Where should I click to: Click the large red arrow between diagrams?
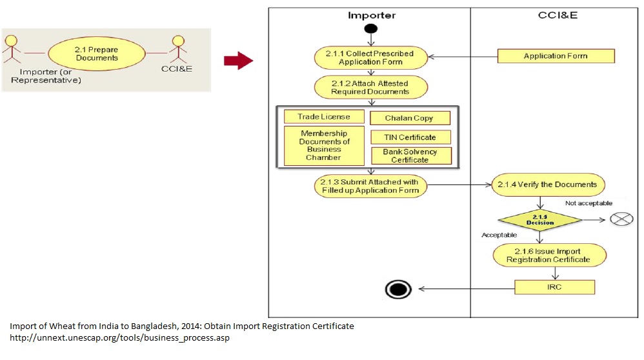coord(237,61)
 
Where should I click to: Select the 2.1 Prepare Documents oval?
coord(96,54)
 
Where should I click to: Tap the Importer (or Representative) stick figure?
coord(11,50)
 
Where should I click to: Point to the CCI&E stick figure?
coord(179,50)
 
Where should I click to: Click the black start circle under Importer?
coord(370,28)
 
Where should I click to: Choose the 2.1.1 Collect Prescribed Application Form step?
coord(371,57)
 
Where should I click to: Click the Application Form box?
coord(556,56)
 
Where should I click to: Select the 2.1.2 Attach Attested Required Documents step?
coord(370,87)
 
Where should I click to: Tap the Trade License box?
coord(324,117)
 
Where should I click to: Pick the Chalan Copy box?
coord(409,118)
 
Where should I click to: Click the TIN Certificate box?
coord(410,137)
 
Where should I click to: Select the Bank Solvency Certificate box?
coord(410,155)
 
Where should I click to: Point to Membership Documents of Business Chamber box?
coord(324,146)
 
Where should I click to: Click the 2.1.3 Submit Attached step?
coord(370,186)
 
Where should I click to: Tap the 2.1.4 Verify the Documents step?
coord(548,185)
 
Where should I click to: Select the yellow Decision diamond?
coord(539,219)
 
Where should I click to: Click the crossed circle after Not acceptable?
coord(621,219)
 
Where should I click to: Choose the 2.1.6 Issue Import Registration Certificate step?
coord(548,255)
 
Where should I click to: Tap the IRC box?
coord(554,287)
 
